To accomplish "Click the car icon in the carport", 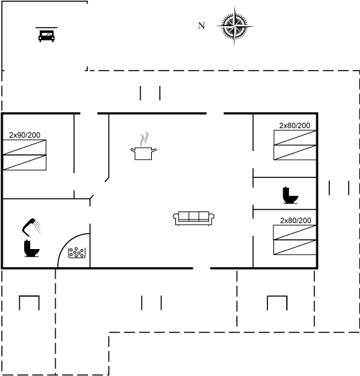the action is click(x=46, y=36).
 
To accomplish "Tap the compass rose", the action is click(x=235, y=26).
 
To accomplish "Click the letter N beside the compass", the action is click(x=201, y=26).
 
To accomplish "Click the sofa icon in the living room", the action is click(x=193, y=218).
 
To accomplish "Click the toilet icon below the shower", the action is click(x=32, y=248).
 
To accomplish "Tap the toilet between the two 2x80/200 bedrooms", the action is click(x=290, y=195).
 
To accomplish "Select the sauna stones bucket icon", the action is click(x=77, y=252).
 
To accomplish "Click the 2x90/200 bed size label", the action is click(x=25, y=135).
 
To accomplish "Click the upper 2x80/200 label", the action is click(x=295, y=126).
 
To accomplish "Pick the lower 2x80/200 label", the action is click(x=296, y=220).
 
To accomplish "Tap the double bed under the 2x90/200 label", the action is click(x=24, y=155).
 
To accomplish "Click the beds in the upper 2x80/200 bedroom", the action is click(x=295, y=145).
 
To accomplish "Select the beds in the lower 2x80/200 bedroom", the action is click(x=295, y=240).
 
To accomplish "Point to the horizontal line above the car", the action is click(x=46, y=28).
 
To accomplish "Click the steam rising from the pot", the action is click(x=144, y=138).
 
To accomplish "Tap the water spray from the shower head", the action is click(x=37, y=227).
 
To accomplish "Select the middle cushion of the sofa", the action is click(x=194, y=216).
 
